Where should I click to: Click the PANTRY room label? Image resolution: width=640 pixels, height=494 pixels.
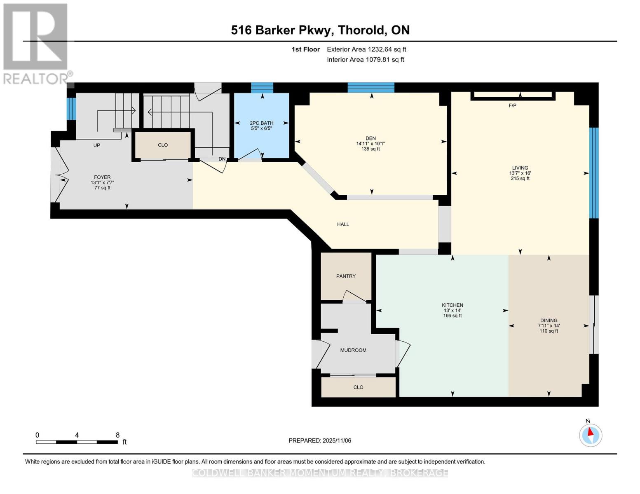point(346,276)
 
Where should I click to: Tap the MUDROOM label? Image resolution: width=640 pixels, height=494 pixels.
point(353,350)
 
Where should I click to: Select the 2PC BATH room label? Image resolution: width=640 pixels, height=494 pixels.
point(261,123)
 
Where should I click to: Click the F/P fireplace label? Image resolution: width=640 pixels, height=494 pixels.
point(512,106)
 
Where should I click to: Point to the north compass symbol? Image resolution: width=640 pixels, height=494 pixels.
point(591,435)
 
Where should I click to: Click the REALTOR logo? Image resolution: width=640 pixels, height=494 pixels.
point(36,44)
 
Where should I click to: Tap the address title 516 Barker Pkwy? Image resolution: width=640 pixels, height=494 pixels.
point(320,30)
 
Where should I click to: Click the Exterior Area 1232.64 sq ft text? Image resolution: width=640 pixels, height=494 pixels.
point(366,49)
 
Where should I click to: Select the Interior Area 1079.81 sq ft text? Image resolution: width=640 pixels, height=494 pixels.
point(365,60)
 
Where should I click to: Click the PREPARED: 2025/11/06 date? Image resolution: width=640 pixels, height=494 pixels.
point(320,441)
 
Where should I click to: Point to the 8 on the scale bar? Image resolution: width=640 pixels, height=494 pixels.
point(117,435)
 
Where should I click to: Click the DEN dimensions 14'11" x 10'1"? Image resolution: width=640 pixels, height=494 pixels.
point(370,144)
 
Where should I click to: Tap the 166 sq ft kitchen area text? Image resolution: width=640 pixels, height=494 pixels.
point(452,316)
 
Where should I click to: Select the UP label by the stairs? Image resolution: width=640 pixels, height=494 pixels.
point(96,145)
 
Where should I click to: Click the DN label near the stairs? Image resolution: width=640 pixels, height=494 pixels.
point(222,159)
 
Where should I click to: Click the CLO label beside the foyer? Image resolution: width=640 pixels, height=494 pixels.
point(163,145)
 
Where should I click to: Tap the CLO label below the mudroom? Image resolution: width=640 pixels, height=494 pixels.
point(358,387)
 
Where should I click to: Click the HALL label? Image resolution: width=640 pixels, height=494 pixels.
point(343,224)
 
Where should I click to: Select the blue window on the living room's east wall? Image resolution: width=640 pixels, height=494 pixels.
point(593,173)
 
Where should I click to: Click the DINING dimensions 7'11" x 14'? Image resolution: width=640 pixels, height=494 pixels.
point(549,326)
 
